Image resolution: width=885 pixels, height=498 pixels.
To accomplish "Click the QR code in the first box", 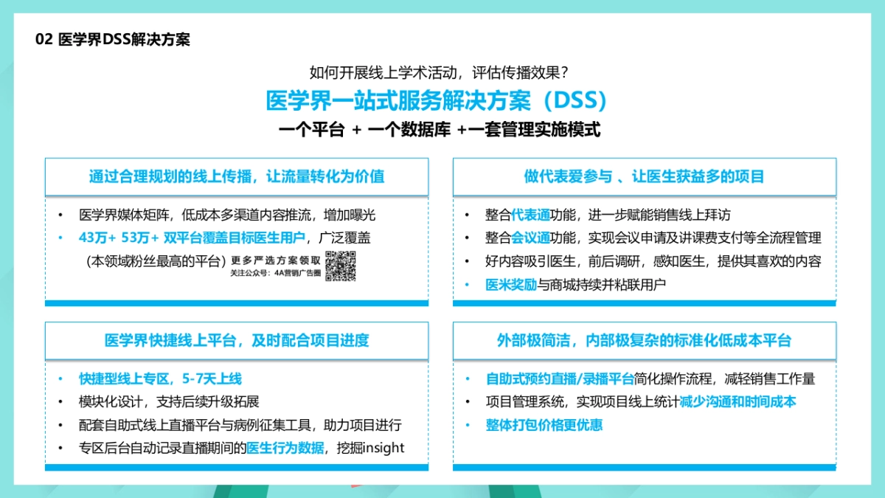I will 341,266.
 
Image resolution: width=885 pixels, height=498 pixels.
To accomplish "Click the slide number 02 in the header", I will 44,40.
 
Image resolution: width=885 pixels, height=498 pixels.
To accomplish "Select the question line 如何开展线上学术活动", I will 438,72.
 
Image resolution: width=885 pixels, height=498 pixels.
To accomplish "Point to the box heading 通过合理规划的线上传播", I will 236,177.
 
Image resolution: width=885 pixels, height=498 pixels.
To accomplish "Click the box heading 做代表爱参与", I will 644,177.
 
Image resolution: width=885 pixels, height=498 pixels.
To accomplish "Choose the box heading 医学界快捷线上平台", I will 236,340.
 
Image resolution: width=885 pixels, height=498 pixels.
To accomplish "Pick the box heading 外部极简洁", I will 644,340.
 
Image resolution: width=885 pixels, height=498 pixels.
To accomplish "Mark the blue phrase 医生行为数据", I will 285,448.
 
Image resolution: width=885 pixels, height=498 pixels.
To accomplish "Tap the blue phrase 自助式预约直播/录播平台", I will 560,379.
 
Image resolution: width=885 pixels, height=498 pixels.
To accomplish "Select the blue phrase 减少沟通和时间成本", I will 737,402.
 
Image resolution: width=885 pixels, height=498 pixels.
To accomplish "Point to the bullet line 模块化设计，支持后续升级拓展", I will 169,402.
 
